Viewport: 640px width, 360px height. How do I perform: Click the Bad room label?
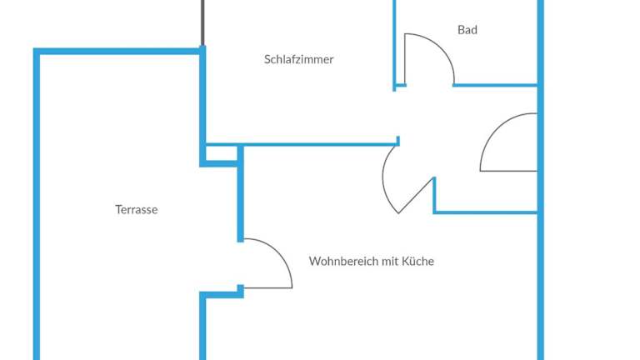point(467,30)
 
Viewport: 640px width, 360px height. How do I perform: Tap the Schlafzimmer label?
point(298,59)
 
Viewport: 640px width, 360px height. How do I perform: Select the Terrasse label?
point(136,210)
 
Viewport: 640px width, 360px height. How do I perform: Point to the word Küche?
point(419,261)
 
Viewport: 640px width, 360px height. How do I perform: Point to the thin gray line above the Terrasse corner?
point(202,23)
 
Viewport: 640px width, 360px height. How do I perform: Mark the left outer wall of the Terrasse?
point(37,208)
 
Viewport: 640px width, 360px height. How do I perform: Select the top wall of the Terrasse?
point(117,52)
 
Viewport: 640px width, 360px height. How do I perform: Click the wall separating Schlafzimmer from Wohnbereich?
point(317,144)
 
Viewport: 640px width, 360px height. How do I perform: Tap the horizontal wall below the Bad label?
point(496,85)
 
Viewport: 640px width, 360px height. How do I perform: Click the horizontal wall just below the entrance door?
point(486,212)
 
